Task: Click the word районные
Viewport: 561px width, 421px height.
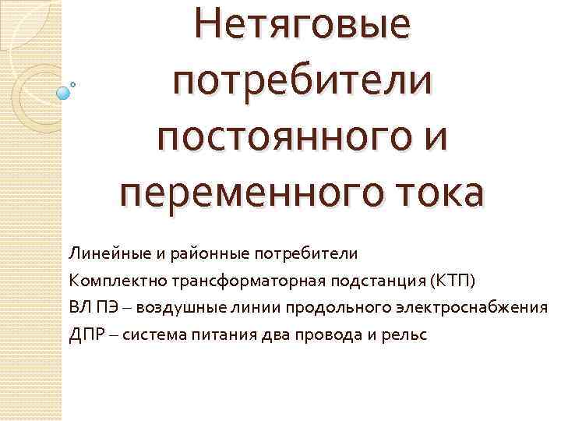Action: pos(195,253)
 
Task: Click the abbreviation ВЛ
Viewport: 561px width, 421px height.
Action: pos(79,306)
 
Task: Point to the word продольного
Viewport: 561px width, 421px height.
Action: pos(324,306)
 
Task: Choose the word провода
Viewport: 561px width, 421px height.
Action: pos(323,334)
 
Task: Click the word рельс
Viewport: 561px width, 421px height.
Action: pos(404,334)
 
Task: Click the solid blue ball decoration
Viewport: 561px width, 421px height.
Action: pos(63,93)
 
